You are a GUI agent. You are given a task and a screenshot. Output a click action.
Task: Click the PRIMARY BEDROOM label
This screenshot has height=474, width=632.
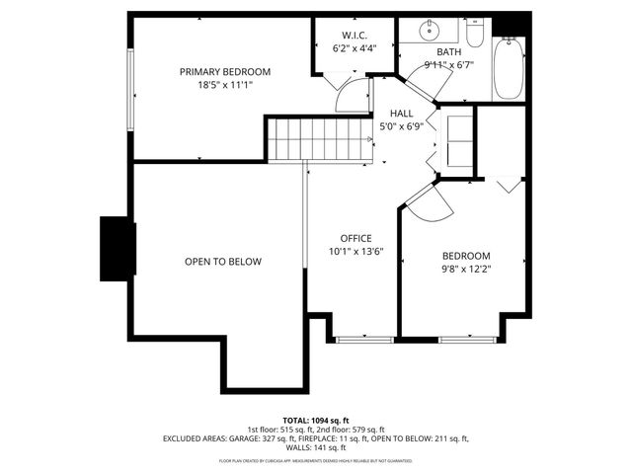pyautogui.click(x=224, y=71)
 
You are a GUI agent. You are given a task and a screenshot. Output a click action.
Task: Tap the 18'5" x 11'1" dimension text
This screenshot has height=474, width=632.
pyautogui.click(x=224, y=85)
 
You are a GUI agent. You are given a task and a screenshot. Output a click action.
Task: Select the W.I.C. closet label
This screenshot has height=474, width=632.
pyautogui.click(x=355, y=36)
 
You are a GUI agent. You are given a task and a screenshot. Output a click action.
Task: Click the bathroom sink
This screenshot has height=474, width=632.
pyautogui.click(x=434, y=31)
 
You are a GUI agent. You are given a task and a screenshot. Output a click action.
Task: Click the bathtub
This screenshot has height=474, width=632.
pyautogui.click(x=509, y=67)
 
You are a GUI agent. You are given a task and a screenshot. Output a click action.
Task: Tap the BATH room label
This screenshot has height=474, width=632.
pyautogui.click(x=449, y=52)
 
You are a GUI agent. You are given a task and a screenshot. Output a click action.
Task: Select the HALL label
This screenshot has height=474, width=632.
pyautogui.click(x=401, y=114)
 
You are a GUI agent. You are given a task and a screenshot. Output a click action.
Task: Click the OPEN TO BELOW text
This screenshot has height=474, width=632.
pyautogui.click(x=223, y=262)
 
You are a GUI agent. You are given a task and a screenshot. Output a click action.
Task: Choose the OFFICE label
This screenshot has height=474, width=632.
pyautogui.click(x=355, y=239)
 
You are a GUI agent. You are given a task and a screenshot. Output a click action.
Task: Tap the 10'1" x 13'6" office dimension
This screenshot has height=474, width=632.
pyautogui.click(x=355, y=253)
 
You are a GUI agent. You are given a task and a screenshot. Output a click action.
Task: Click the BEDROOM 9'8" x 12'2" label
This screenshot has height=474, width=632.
pyautogui.click(x=465, y=261)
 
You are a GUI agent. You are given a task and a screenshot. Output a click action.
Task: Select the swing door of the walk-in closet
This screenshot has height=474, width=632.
pyautogui.click(x=348, y=97)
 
